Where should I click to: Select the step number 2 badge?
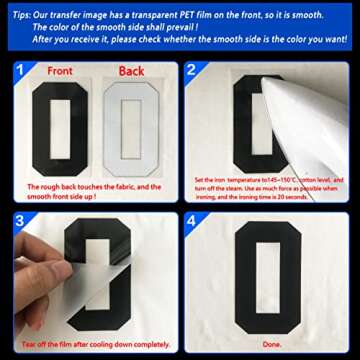pyautogui.click(x=192, y=71)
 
